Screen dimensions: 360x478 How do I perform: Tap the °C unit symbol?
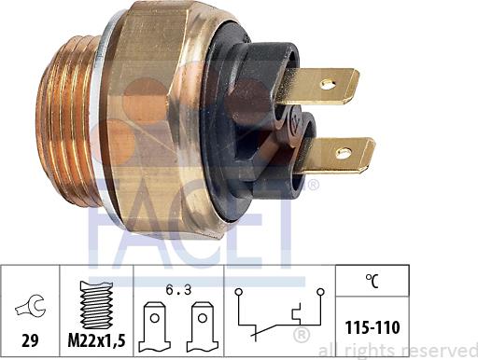[x=371, y=277]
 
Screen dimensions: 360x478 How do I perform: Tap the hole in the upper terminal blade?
[x=329, y=84]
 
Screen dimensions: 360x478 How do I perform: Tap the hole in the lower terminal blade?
[x=344, y=153]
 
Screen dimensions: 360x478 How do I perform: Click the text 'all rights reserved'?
[x=397, y=351]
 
